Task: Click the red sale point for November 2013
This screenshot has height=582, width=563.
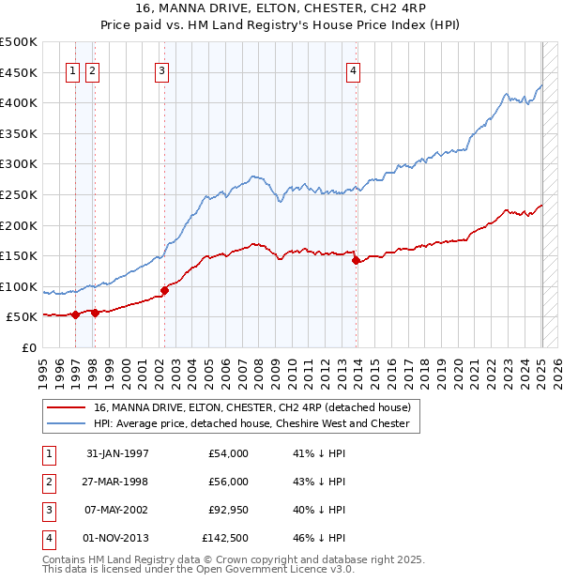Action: click(x=356, y=261)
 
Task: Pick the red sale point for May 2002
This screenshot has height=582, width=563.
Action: click(x=164, y=291)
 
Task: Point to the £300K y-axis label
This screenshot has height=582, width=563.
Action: click(x=19, y=164)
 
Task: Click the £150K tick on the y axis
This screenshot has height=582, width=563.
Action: click(x=19, y=256)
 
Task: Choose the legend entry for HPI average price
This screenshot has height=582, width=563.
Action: click(x=251, y=424)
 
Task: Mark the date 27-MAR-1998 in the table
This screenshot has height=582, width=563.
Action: click(x=117, y=482)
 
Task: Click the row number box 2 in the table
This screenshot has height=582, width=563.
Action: click(x=47, y=482)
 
